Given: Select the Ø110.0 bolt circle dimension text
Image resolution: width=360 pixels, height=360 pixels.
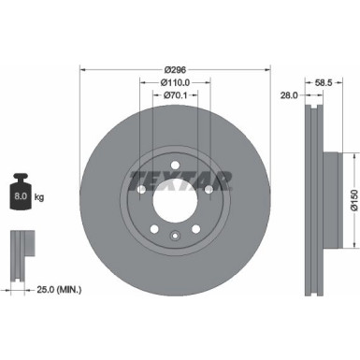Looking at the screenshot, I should [175, 81].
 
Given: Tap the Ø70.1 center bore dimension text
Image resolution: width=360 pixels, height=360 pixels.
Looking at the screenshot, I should [175, 94].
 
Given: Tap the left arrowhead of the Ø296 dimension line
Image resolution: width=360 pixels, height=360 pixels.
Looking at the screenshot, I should [83, 69].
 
